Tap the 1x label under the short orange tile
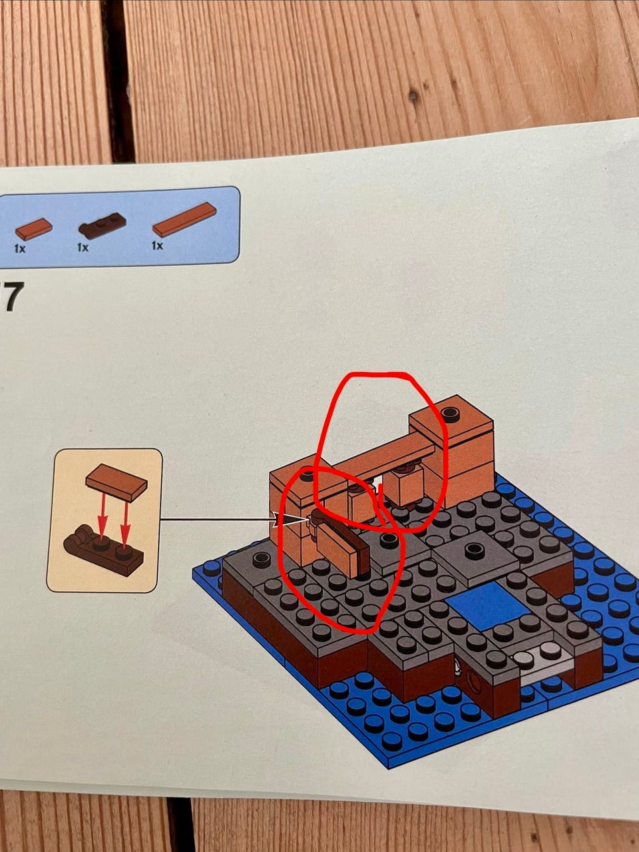[19, 248]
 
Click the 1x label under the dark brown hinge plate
[83, 247]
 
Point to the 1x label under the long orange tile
[157, 245]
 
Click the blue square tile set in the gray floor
[488, 606]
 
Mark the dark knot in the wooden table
[413, 96]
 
